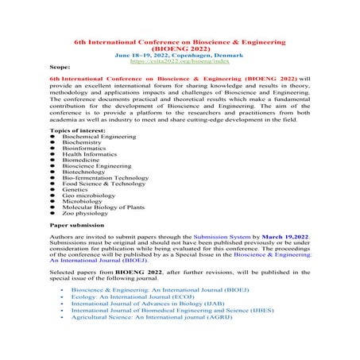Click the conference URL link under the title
point(180,60)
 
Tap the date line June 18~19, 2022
point(180,53)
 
